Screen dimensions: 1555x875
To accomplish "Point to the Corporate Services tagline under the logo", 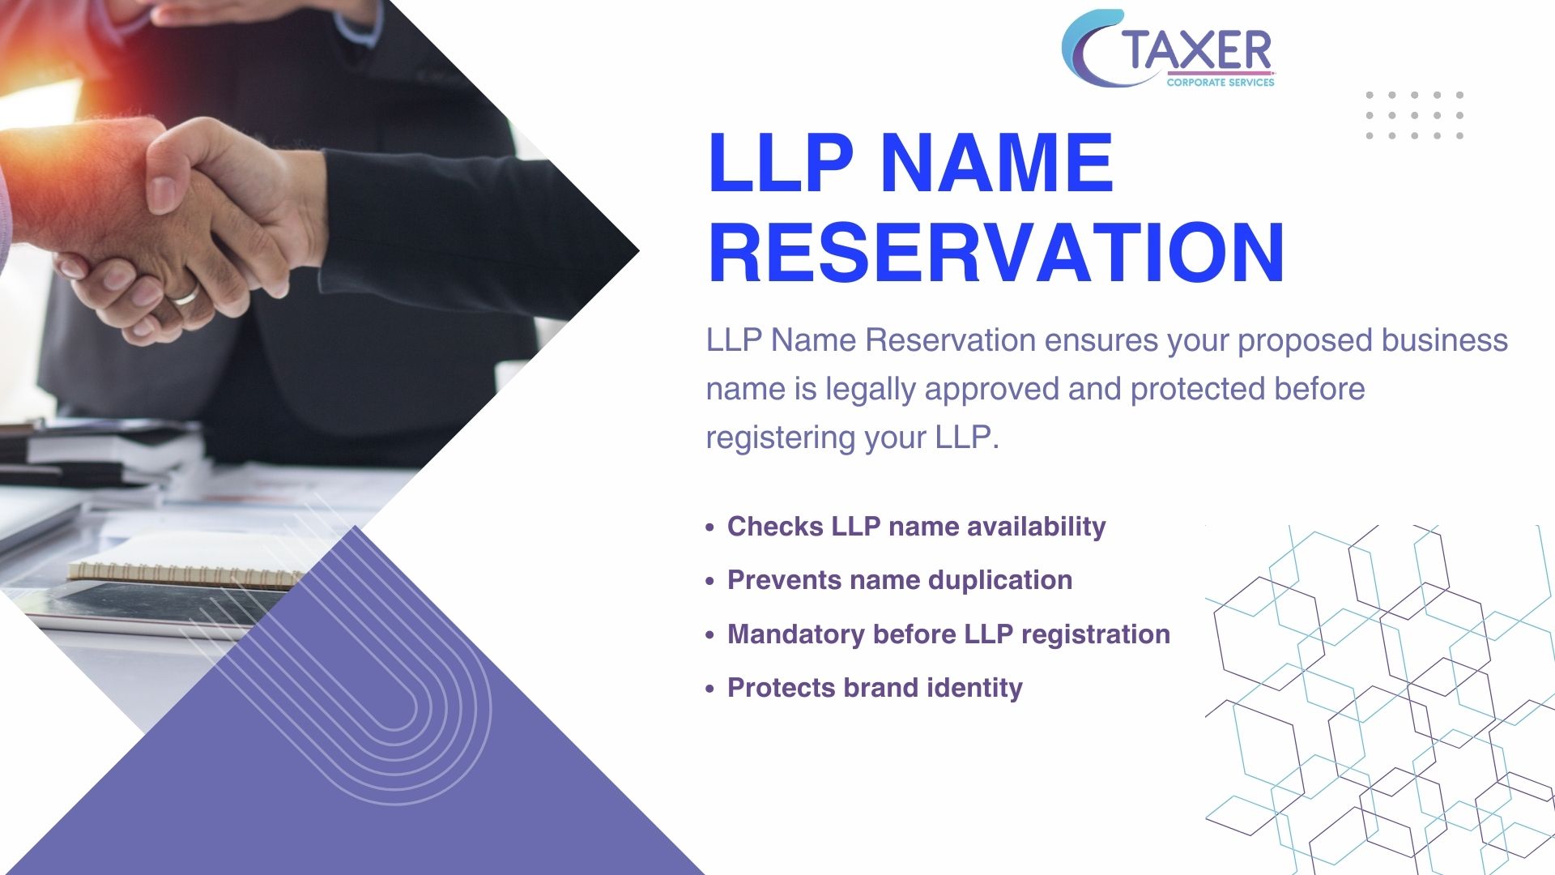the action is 1221,82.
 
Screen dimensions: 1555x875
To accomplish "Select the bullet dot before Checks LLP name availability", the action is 709,527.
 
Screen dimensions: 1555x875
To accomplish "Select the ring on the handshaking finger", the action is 185,295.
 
